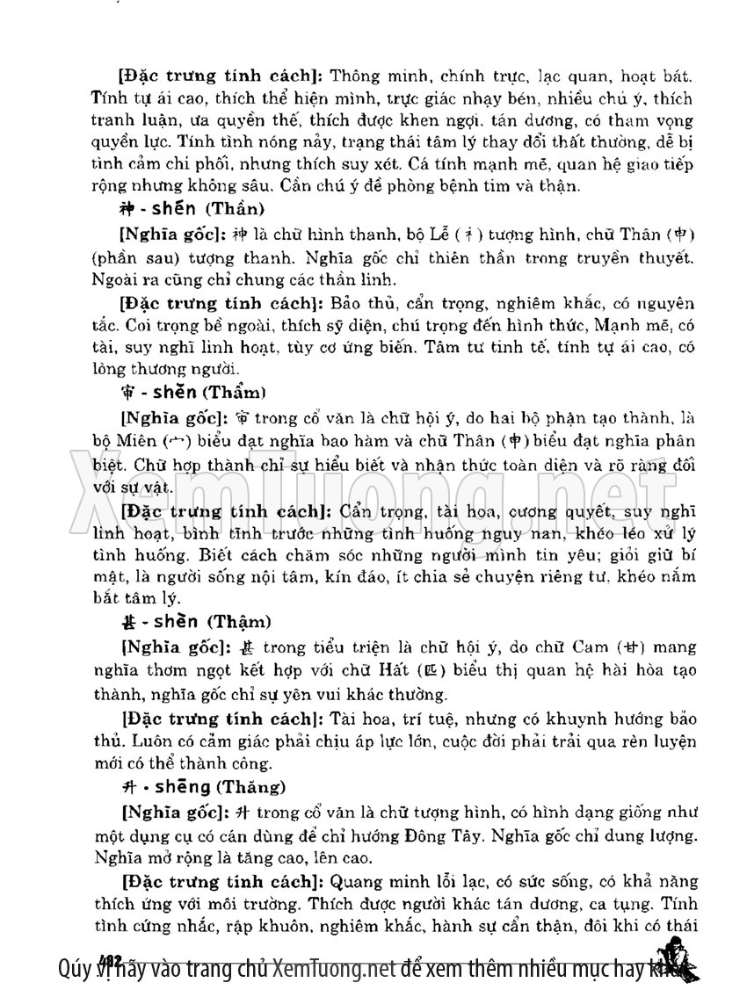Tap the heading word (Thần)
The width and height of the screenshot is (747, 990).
click(235, 210)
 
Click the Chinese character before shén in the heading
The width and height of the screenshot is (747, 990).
click(124, 210)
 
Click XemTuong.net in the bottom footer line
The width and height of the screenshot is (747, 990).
click(332, 969)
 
